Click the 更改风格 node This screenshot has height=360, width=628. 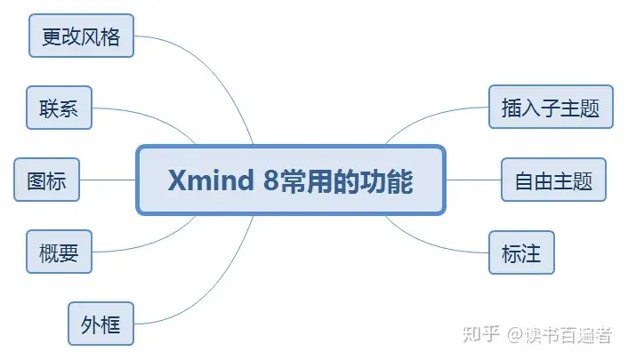pyautogui.click(x=81, y=36)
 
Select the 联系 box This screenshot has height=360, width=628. pyautogui.click(x=60, y=108)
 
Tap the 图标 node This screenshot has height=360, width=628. pyautogui.click(x=47, y=180)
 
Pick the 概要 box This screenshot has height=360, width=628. pyautogui.click(x=60, y=252)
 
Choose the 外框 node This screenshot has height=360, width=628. pyautogui.click(x=101, y=324)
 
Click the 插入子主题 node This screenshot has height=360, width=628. pyautogui.click(x=551, y=107)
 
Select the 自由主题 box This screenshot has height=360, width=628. pyautogui.click(x=553, y=180)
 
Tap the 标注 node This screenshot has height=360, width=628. pyautogui.click(x=521, y=252)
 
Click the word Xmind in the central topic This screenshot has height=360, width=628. pyautogui.click(x=211, y=180)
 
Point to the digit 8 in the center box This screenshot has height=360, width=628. pyautogui.click(x=270, y=180)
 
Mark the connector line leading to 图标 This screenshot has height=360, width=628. pyautogui.click(x=108, y=180)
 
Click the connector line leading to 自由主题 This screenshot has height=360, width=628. pyautogui.click(x=473, y=180)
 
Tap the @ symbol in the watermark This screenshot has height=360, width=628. pyautogui.click(x=516, y=335)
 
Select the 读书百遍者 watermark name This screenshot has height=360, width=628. pyautogui.click(x=568, y=335)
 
